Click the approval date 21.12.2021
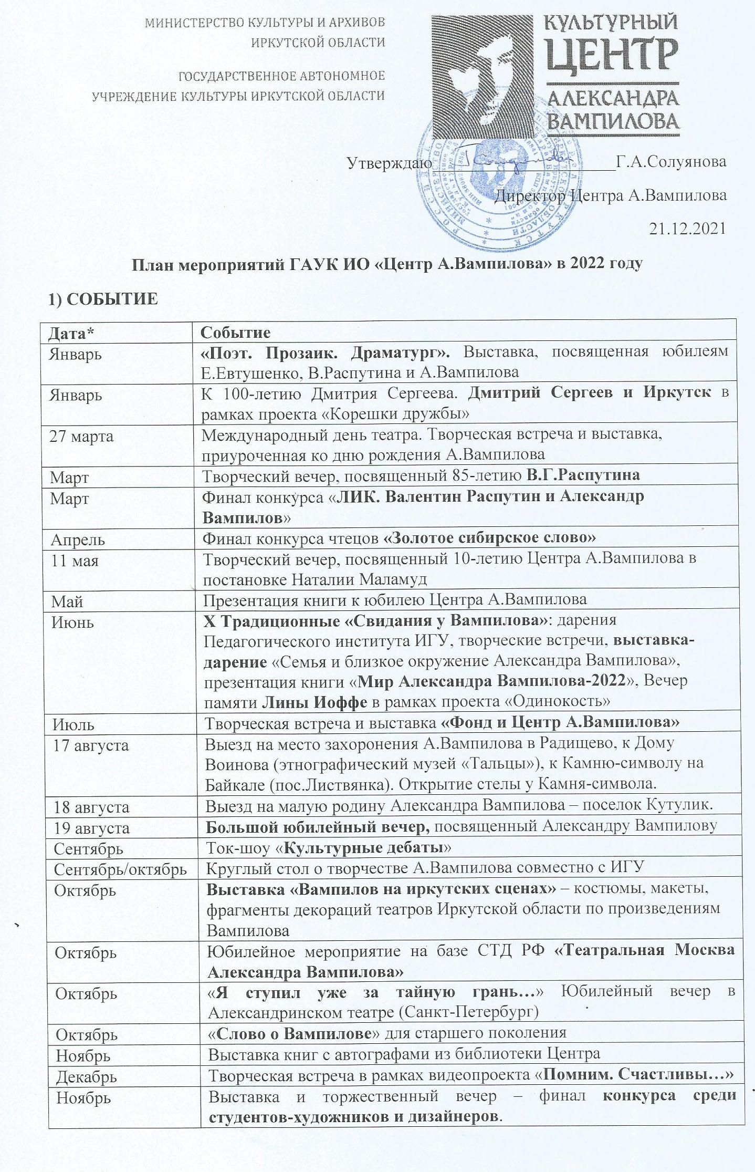click(x=687, y=229)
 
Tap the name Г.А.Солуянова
click(x=671, y=161)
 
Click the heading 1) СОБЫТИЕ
click(x=103, y=299)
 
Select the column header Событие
click(x=236, y=333)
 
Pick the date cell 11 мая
click(x=75, y=561)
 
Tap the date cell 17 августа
click(x=91, y=745)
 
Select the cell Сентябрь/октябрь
click(x=120, y=869)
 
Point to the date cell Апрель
click(x=78, y=540)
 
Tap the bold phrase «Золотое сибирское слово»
click(x=490, y=538)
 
